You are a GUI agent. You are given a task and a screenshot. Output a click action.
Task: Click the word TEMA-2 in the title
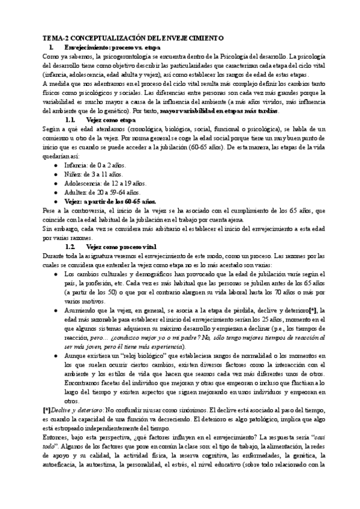pyautogui.click(x=46, y=37)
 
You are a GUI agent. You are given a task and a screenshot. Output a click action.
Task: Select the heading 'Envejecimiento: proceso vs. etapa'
pyautogui.click(x=112, y=46)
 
